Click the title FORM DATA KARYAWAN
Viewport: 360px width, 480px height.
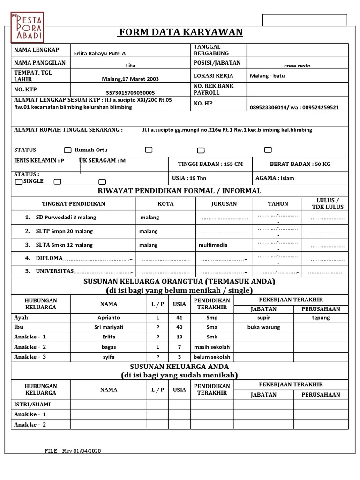point(181,32)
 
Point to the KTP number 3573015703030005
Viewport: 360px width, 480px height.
point(130,93)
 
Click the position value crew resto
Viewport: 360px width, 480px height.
point(297,66)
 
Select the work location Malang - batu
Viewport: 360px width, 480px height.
point(267,75)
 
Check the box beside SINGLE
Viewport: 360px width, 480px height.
point(19,181)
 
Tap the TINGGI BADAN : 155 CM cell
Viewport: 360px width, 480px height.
point(210,164)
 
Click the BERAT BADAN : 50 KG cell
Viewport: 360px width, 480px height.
point(300,164)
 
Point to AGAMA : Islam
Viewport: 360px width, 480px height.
point(275,178)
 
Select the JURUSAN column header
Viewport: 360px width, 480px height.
point(224,204)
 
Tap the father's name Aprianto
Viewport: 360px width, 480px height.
point(108,317)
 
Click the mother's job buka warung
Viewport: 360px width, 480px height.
point(263,327)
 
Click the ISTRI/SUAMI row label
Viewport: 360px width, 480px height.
point(32,404)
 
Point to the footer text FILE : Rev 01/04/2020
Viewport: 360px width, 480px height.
point(73,450)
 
